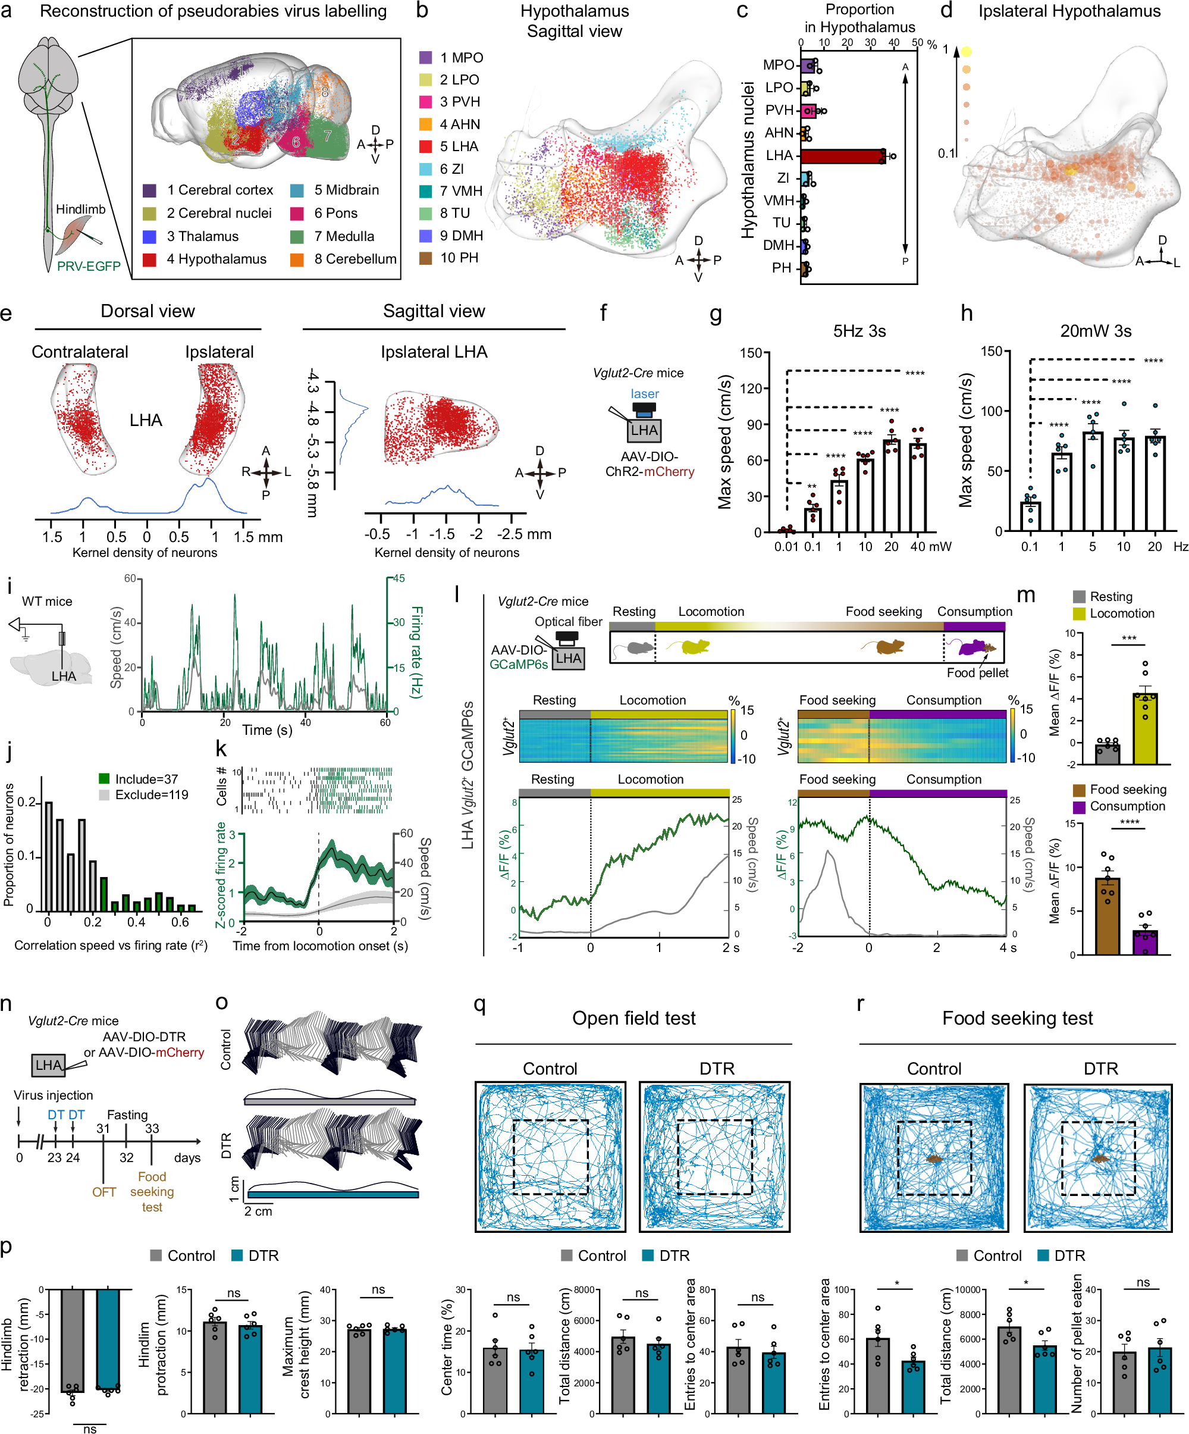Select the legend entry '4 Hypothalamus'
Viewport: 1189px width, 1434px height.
click(216, 259)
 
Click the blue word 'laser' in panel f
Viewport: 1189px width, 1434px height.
click(644, 394)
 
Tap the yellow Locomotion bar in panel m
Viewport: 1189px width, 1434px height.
click(1144, 728)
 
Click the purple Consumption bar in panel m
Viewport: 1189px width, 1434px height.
click(1144, 943)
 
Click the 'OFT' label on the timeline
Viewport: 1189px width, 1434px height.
click(103, 1192)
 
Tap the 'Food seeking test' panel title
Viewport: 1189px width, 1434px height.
click(1017, 1018)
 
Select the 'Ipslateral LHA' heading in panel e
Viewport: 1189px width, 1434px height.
click(434, 352)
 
